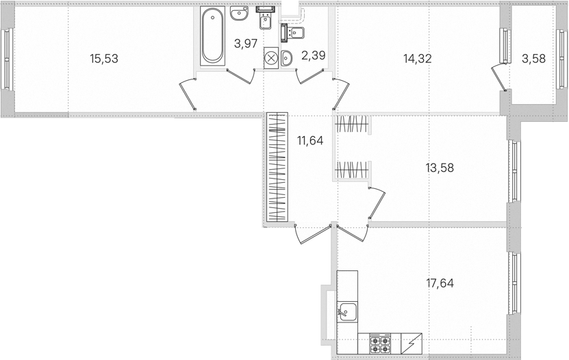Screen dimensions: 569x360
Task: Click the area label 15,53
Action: point(104,58)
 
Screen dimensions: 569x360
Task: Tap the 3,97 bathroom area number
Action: point(246,44)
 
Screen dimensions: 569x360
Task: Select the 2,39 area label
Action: point(314,55)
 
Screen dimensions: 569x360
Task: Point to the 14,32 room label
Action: point(418,58)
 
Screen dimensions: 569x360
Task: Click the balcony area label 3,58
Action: point(534,58)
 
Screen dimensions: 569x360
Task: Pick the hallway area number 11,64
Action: point(310,140)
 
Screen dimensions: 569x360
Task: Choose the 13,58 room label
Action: point(440,168)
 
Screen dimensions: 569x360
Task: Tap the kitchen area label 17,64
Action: point(440,283)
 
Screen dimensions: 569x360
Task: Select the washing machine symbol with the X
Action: point(270,58)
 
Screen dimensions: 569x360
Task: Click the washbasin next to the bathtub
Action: point(239,14)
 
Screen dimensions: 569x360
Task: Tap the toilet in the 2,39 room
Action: point(292,34)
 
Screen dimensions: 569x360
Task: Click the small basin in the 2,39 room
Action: point(286,58)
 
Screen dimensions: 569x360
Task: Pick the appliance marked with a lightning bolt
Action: point(412,344)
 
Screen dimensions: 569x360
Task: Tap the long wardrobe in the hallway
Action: point(277,167)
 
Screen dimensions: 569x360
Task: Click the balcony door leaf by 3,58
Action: point(498,77)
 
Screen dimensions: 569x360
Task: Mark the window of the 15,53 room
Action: point(7,59)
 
